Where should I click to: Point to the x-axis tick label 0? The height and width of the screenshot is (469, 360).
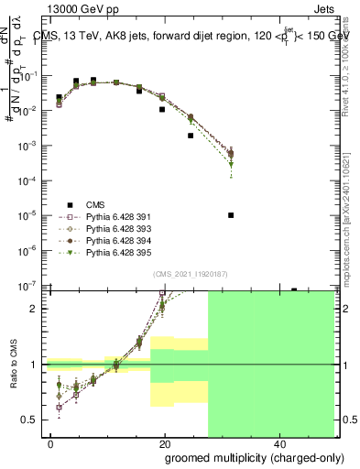(51, 444)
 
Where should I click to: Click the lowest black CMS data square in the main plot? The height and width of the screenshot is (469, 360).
(231, 215)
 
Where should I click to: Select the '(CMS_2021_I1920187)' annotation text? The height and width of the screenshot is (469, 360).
(190, 274)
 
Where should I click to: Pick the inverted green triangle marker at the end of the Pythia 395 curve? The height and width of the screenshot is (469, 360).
(231, 165)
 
